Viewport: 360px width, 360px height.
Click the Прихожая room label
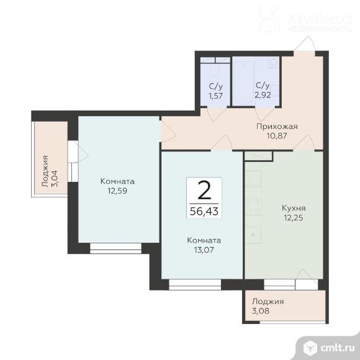pyautogui.click(x=277, y=127)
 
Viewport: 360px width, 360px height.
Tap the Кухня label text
pyautogui.click(x=294, y=208)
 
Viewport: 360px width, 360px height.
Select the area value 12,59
pyautogui.click(x=117, y=191)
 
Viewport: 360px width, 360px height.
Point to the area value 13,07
pyautogui.click(x=204, y=250)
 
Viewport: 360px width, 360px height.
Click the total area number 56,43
pyautogui.click(x=204, y=211)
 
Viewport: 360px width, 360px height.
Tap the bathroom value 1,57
pyautogui.click(x=215, y=96)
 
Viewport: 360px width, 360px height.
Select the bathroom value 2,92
pyautogui.click(x=263, y=94)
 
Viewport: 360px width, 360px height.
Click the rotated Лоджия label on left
pyautogui.click(x=45, y=171)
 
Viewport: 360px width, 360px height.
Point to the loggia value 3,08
pyautogui.click(x=261, y=311)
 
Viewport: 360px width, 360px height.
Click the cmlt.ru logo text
pyautogui.click(x=338, y=348)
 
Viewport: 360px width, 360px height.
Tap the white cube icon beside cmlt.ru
pyautogui.click(x=310, y=348)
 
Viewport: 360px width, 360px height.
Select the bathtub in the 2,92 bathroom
pyautogui.click(x=243, y=83)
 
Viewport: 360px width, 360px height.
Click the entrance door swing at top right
pyautogui.click(x=305, y=45)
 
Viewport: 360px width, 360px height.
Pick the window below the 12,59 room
pyautogui.click(x=115, y=248)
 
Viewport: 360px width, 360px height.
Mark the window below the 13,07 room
pyautogui.click(x=195, y=285)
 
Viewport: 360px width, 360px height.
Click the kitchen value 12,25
pyautogui.click(x=294, y=217)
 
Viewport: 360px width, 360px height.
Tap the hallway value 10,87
pyautogui.click(x=277, y=136)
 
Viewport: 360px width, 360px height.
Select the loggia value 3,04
pyautogui.click(x=55, y=178)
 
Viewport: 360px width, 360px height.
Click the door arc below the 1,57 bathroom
pyautogui.click(x=217, y=114)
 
